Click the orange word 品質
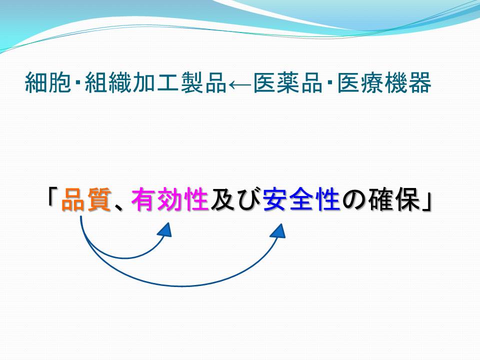pyautogui.click(x=86, y=199)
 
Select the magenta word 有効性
pyautogui.click(x=170, y=199)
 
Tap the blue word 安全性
pyautogui.click(x=301, y=199)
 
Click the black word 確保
pyautogui.click(x=393, y=199)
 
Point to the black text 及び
pyautogui.click(x=235, y=199)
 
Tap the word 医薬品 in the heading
pyautogui.click(x=288, y=82)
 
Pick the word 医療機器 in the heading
pyautogui.click(x=384, y=82)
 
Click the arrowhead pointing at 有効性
pyautogui.click(x=164, y=229)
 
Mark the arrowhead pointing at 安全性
pyautogui.click(x=278, y=231)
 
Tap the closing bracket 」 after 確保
pyautogui.click(x=426, y=201)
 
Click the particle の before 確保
pyautogui.click(x=354, y=200)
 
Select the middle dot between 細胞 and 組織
pyautogui.click(x=78, y=82)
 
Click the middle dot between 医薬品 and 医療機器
pyautogui.click(x=330, y=82)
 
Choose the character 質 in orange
pyautogui.click(x=99, y=199)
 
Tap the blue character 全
pyautogui.click(x=301, y=199)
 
